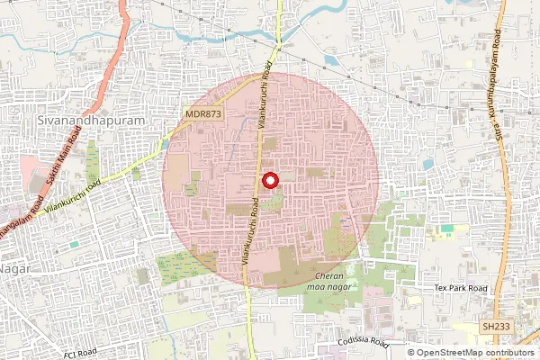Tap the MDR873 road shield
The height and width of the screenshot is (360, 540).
(x=203, y=114)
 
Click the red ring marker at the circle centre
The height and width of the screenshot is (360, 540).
(x=269, y=181)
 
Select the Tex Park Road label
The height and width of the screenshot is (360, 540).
(x=460, y=288)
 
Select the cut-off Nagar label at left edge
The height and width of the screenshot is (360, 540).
(x=13, y=267)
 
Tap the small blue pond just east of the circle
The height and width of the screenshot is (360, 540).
(x=427, y=164)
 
